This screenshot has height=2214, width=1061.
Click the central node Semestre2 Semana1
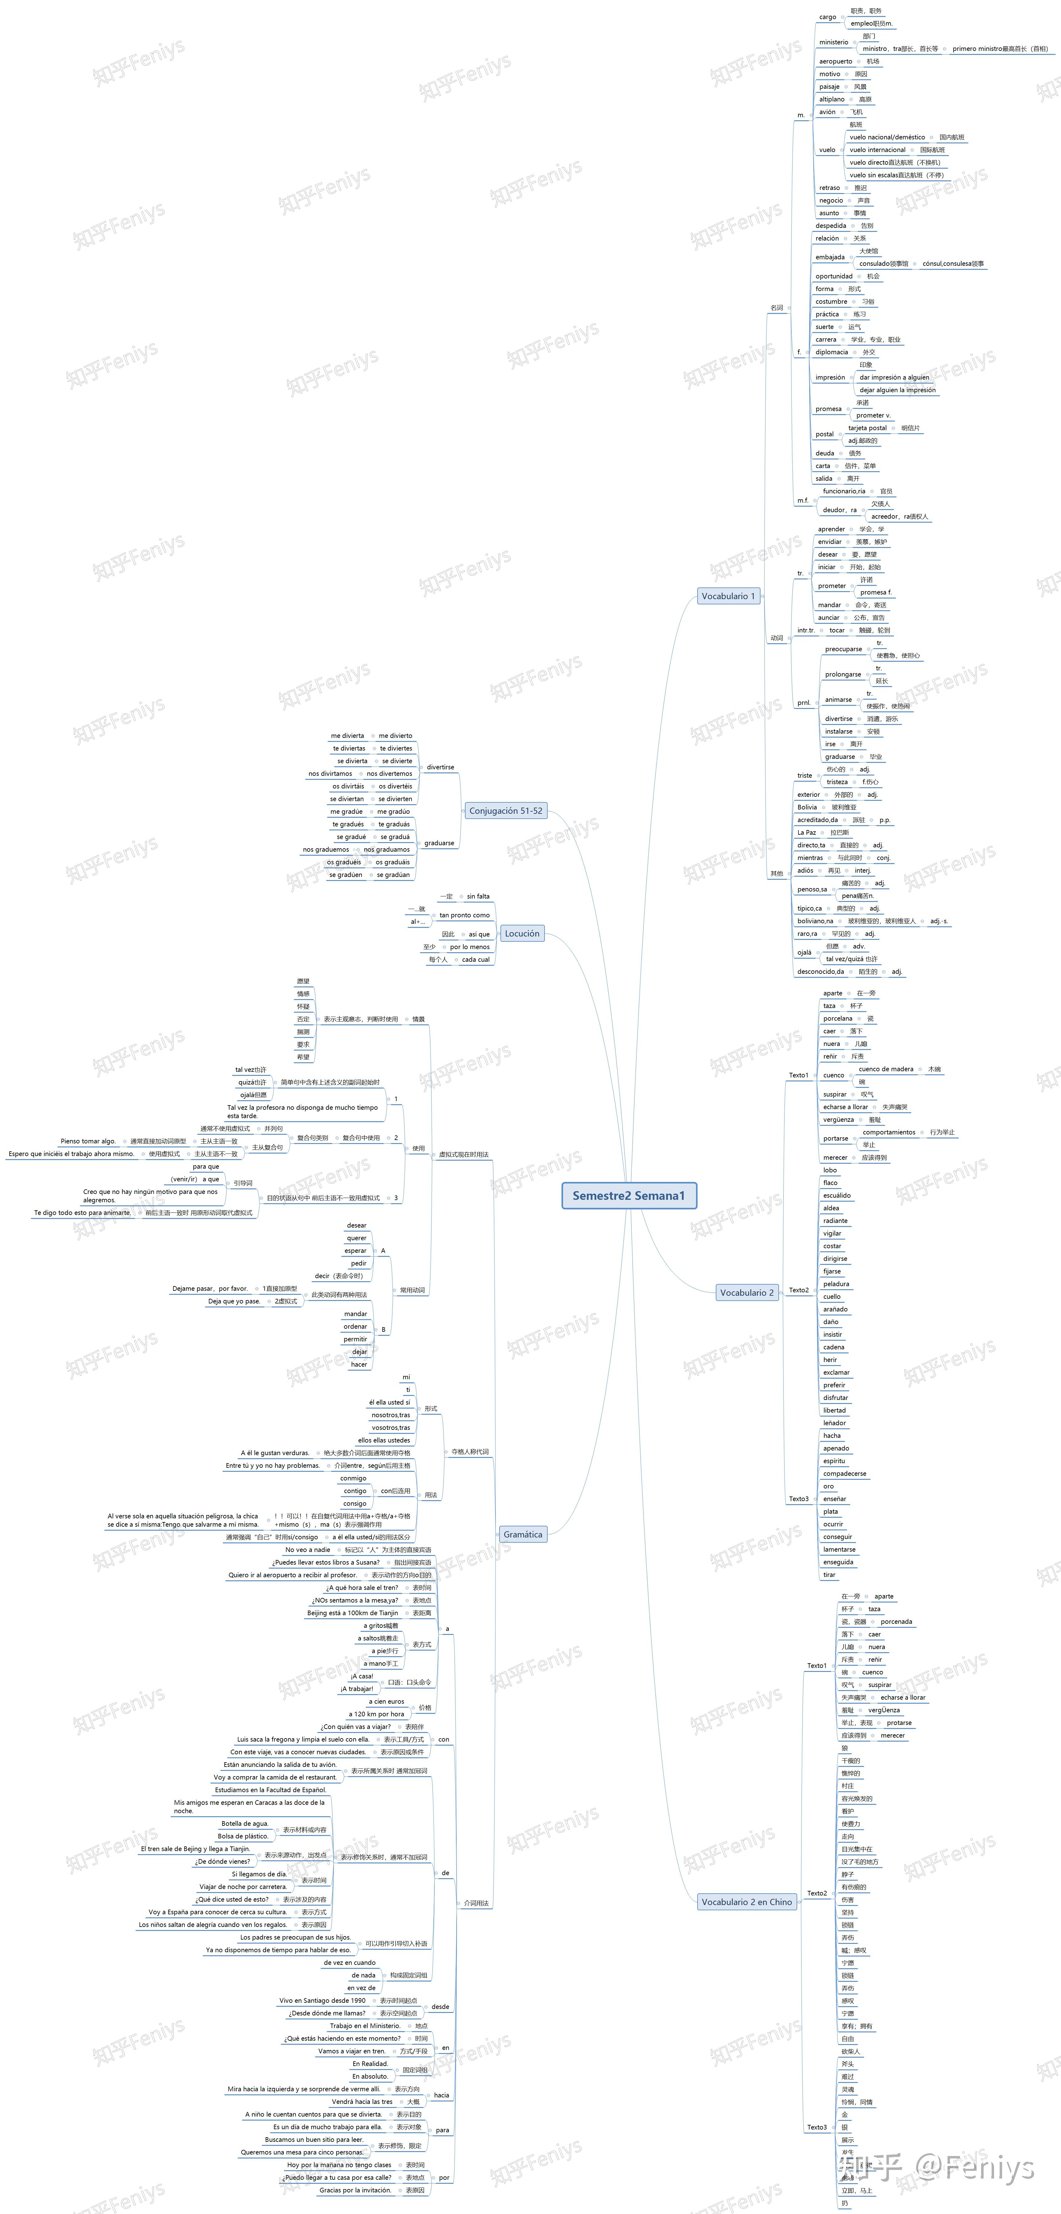pos(628,1195)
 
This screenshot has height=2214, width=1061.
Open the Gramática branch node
pos(523,1534)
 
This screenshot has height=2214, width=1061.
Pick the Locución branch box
pos(522,933)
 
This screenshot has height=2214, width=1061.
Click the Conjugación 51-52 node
pos(506,810)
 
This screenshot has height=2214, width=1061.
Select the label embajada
pos(830,257)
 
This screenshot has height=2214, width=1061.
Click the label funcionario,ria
pos(843,491)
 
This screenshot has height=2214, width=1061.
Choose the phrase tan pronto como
pos(464,915)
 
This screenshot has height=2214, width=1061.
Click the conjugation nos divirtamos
pos(330,774)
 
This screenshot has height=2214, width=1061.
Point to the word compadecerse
pos(844,1473)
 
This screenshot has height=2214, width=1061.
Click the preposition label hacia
pos(441,2095)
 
